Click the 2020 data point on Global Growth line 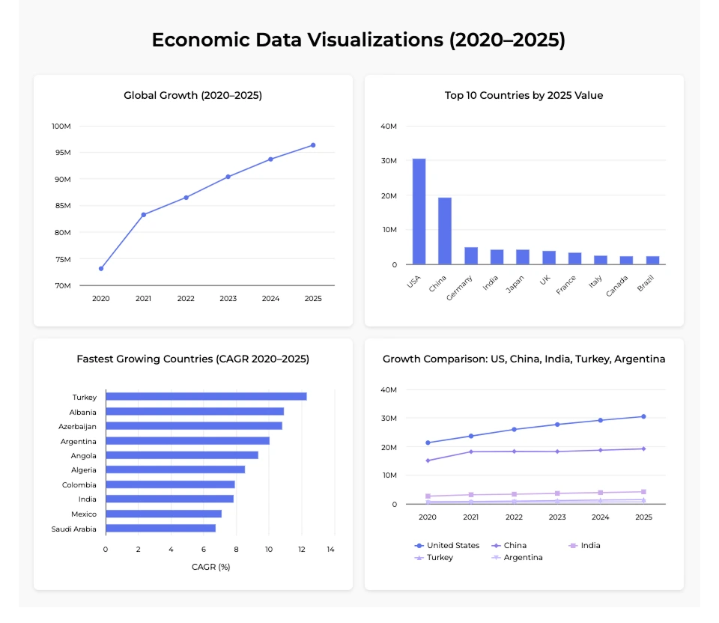[x=101, y=268]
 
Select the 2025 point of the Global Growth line [x=313, y=145]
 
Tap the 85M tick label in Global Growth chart [x=61, y=206]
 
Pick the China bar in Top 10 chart [x=445, y=231]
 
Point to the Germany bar [x=471, y=255]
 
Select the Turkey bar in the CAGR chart [x=206, y=397]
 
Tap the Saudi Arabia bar [x=160, y=529]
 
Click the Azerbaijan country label [x=77, y=426]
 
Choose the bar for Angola [x=182, y=455]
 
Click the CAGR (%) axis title [x=210, y=567]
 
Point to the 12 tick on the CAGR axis [x=301, y=550]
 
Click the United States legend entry [x=447, y=546]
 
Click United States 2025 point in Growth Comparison [x=643, y=416]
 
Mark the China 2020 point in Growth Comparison [x=428, y=461]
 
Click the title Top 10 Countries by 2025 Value [x=524, y=95]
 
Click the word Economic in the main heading [x=196, y=40]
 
